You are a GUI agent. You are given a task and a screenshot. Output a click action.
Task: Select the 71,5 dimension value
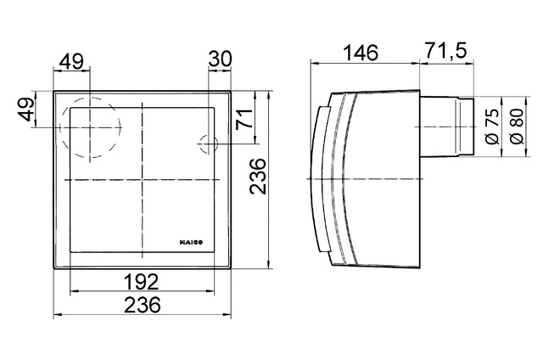pos(445,52)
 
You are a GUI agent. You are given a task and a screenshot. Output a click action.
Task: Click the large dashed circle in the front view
pos(90,129)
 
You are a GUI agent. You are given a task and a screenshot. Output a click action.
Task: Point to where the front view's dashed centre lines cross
pos(142,181)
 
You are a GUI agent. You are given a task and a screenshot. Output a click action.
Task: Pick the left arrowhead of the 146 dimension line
pos(315,62)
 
